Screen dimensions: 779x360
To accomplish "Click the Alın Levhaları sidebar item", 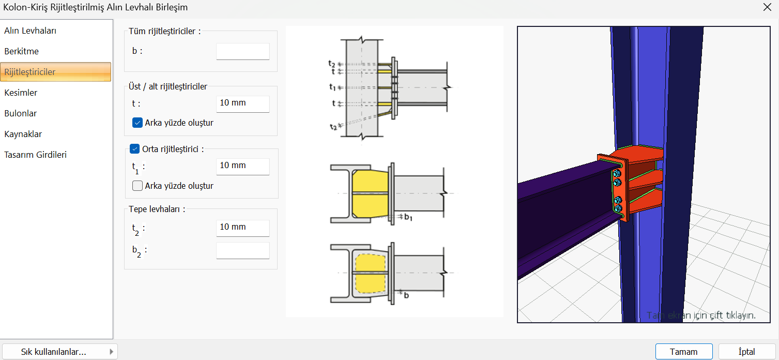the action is coord(30,31).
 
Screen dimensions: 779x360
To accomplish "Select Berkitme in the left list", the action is coord(22,51).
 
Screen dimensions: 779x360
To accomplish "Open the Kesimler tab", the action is coord(21,93).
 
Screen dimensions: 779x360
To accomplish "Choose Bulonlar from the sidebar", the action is coord(21,113).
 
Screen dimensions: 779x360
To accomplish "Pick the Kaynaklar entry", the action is coord(23,134).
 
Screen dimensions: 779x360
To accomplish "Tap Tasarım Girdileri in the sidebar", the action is coord(36,155).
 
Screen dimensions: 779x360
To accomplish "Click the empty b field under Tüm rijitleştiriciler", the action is coord(243,52).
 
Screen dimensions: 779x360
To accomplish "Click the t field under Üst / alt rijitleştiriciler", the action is coord(243,103).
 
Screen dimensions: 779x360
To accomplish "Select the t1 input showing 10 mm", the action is coord(243,166).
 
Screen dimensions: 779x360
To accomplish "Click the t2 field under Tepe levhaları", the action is coord(243,228).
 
